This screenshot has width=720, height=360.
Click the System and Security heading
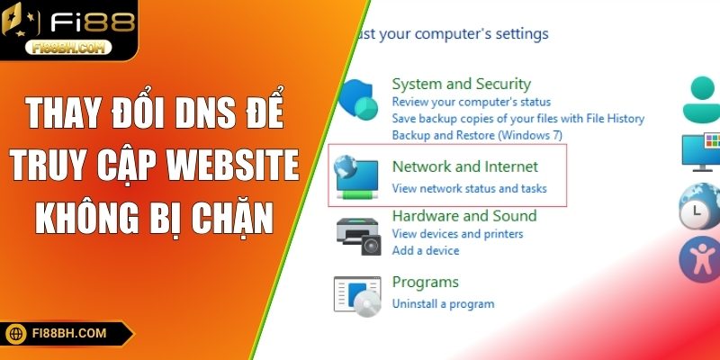462,84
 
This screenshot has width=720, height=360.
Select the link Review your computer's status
472,102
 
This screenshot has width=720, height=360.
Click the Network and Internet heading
465,166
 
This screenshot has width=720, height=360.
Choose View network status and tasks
470,189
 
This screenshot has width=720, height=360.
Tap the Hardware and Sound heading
464,216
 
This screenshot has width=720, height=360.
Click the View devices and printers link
457,234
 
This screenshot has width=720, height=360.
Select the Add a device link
427,250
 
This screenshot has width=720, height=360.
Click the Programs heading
426,282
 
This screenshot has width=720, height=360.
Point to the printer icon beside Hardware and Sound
359,236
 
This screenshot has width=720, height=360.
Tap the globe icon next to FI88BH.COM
17,333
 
